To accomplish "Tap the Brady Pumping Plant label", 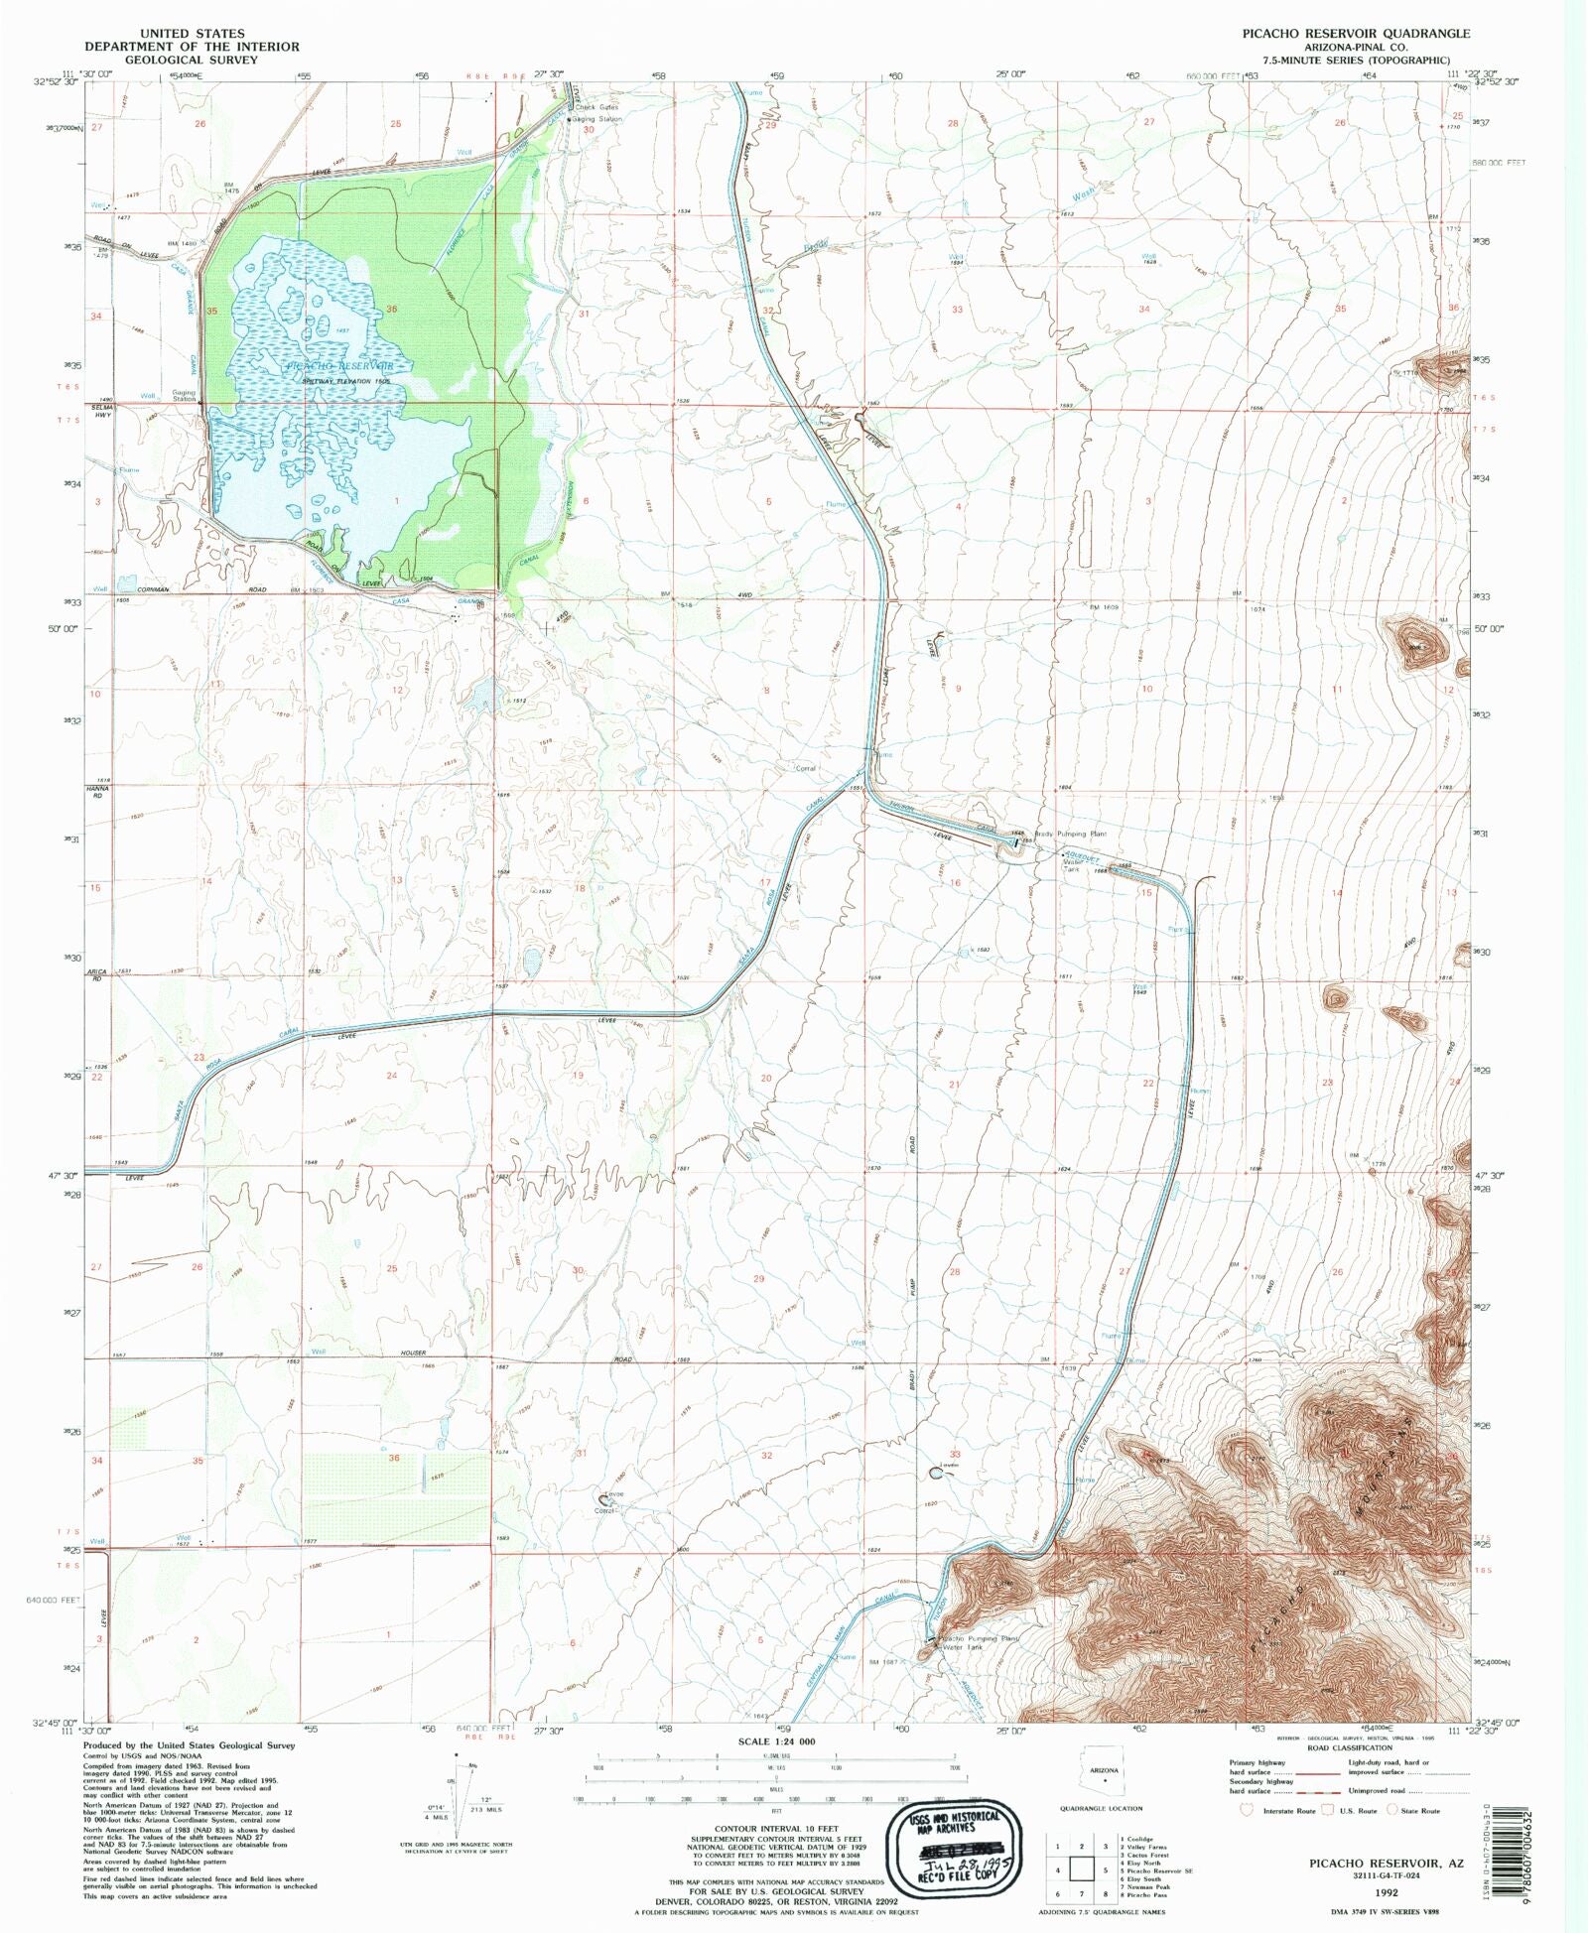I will coord(1071,835).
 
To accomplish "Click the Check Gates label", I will coord(596,107).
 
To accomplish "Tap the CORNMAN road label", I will coord(148,589).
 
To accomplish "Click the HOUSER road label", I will coord(413,1353).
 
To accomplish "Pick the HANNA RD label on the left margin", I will coord(97,792).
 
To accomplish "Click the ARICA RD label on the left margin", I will coord(97,974).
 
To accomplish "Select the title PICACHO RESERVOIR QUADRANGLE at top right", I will coord(1356,33).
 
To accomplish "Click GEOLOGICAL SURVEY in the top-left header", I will coord(192,60).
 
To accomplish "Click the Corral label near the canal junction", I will coord(805,768).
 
